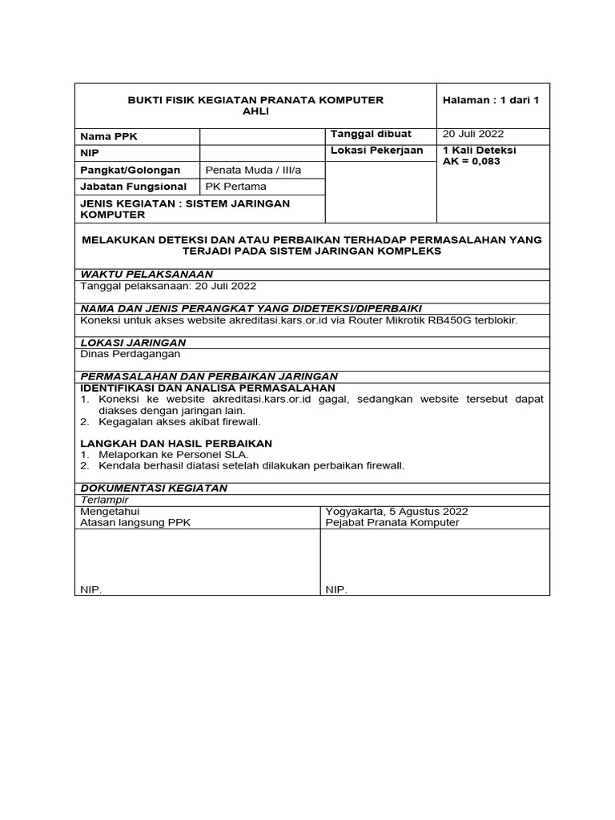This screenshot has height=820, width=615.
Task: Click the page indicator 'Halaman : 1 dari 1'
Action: click(491, 100)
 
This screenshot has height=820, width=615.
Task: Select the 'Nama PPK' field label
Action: click(109, 137)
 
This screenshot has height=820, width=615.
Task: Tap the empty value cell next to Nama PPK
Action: click(262, 137)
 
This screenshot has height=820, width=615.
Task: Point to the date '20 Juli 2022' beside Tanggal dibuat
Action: click(473, 135)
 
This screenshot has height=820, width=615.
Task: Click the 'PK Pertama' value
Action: click(235, 187)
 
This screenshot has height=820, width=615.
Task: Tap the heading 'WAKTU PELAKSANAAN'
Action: click(140, 274)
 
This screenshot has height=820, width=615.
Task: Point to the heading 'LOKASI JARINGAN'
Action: click(133, 342)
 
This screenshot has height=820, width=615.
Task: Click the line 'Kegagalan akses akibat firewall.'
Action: click(180, 421)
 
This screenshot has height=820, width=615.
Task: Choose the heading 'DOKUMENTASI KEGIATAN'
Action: click(154, 488)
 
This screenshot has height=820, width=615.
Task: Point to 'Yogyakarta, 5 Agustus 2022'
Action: click(396, 512)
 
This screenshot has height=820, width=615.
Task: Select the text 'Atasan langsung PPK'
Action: click(135, 523)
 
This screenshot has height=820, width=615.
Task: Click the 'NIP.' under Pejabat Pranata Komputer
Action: click(336, 589)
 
